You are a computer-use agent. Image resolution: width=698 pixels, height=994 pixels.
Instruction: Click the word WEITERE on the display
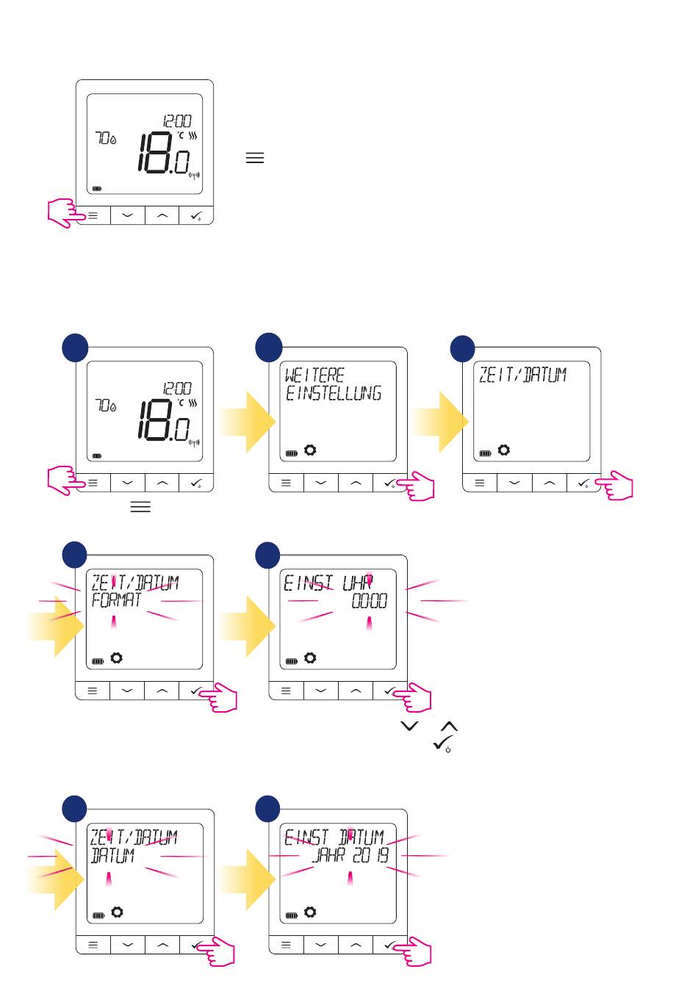(314, 375)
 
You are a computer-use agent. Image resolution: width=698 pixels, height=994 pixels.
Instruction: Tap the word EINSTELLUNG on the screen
(334, 394)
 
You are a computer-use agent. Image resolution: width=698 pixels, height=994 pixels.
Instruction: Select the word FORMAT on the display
(116, 601)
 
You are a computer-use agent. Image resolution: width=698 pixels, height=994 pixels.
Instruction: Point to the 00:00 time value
(369, 602)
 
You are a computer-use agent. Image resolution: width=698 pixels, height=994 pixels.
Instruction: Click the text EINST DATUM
(334, 838)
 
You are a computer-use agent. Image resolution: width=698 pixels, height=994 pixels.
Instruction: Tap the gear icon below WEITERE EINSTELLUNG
(310, 450)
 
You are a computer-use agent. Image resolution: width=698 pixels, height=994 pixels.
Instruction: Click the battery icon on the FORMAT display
(98, 661)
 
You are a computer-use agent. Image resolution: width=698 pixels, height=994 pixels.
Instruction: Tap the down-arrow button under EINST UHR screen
(321, 691)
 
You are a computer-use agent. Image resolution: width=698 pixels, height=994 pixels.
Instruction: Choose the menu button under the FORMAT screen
(93, 691)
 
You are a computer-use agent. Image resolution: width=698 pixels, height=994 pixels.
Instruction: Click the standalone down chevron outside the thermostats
(409, 726)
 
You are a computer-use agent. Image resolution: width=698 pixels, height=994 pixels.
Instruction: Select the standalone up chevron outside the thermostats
(448, 726)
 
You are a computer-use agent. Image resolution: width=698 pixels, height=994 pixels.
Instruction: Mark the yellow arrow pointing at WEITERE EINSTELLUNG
(248, 422)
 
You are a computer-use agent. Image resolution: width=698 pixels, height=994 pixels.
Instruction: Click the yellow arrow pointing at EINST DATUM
(248, 879)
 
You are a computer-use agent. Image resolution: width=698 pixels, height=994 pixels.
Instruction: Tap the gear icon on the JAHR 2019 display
(310, 912)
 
